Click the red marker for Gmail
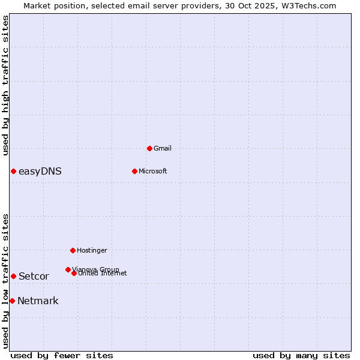pos(149,148)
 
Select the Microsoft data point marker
pos(134,171)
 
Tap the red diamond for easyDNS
pos(13,172)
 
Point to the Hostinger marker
pos(73,250)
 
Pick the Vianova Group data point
pos(68,270)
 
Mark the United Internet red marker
pos(74,273)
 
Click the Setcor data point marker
pos(13,276)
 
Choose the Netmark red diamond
pos(12,301)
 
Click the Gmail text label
pos(163,148)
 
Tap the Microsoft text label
pos(152,171)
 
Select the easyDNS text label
pos(40,172)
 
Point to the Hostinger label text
pos(92,250)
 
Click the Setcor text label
pos(34,277)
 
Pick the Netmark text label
pos(38,301)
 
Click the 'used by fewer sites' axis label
pos(62,355)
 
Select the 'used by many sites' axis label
pos(301,355)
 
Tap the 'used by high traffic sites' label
pos(5,85)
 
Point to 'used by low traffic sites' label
pos(5,281)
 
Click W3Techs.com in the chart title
pos(310,5)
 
